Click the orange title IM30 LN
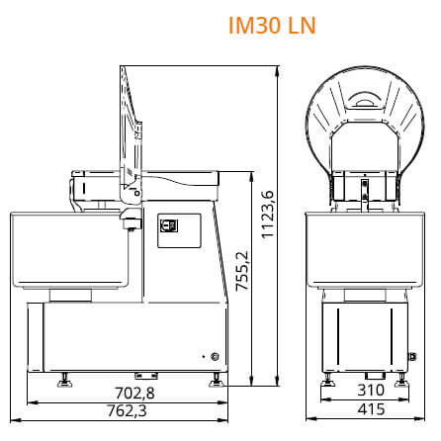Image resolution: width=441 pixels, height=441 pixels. click(x=272, y=25)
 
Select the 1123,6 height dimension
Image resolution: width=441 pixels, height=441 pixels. click(x=267, y=214)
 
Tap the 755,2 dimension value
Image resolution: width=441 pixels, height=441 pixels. click(x=242, y=271)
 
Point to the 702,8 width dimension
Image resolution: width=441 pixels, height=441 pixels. click(x=134, y=393)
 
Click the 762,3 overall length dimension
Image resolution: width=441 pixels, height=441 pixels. click(x=128, y=410)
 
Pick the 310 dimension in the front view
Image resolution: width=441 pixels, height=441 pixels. click(x=371, y=390)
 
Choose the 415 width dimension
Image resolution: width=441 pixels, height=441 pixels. click(x=372, y=409)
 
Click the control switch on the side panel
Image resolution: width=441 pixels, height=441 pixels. click(x=169, y=225)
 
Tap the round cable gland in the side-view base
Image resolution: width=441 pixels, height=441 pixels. click(x=215, y=356)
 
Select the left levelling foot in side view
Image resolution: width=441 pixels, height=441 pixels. click(x=64, y=380)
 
